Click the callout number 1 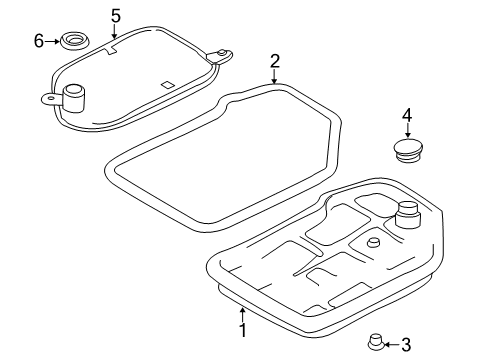244,330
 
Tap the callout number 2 275,62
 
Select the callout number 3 406,345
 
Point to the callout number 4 407,116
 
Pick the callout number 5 115,16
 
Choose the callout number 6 39,41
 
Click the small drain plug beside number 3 375,341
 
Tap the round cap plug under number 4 407,150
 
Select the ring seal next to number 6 76,41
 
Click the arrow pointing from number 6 53,41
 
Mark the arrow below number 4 407,130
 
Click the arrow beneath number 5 114,31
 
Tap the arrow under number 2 274,77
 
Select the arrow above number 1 243,314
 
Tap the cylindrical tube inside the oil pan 407,215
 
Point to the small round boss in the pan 373,242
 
